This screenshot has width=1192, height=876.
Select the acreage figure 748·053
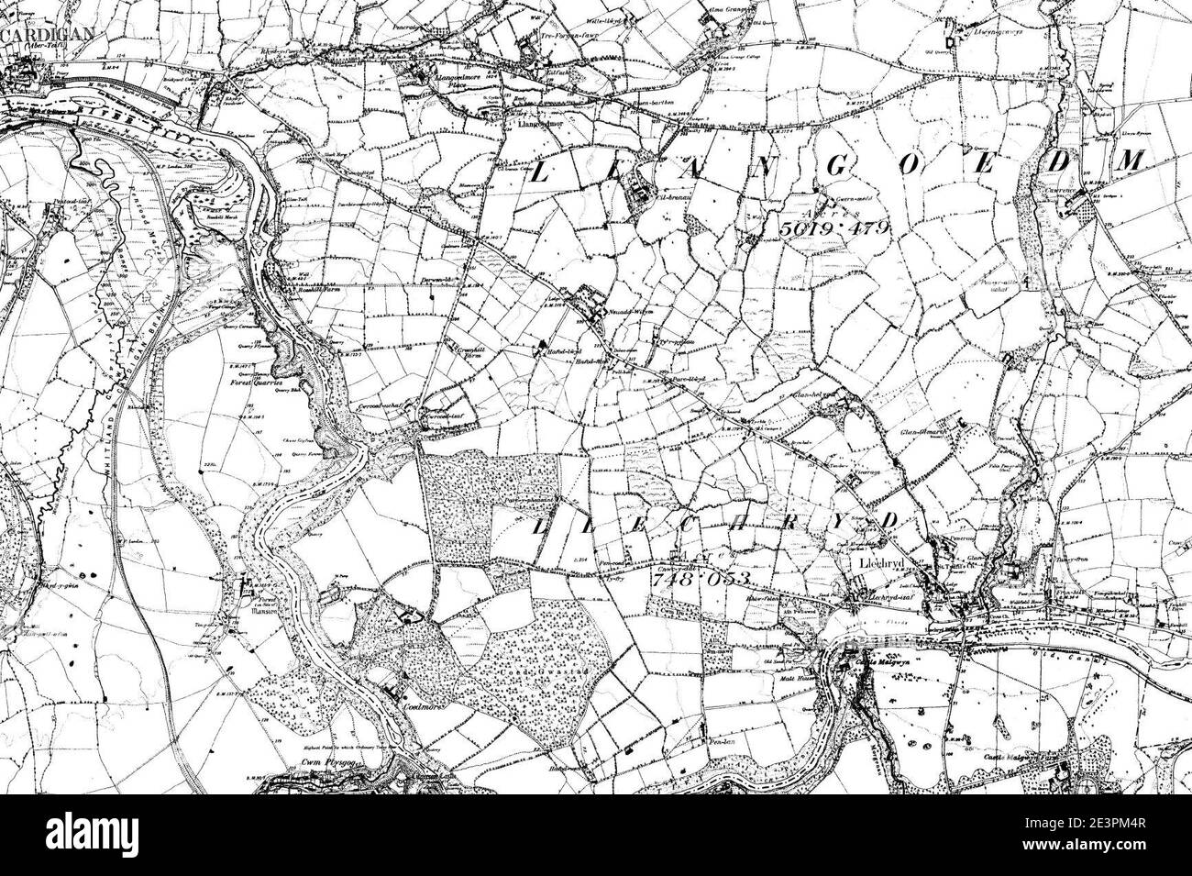[701, 579]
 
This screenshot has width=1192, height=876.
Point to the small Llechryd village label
[878, 562]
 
